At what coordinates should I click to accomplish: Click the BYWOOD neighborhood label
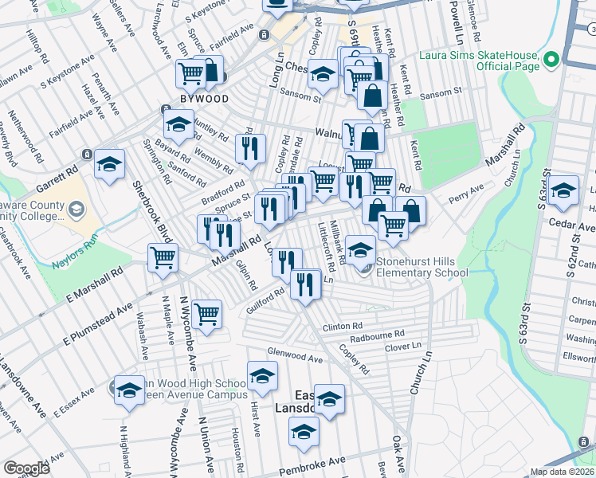205,99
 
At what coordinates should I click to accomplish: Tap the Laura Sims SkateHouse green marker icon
550,59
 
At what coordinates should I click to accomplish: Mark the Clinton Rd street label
343,327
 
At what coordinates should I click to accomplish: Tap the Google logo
26,468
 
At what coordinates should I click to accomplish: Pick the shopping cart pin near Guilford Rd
206,313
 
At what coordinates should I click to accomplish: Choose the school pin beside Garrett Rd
109,164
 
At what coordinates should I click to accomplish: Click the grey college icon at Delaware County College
76,210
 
